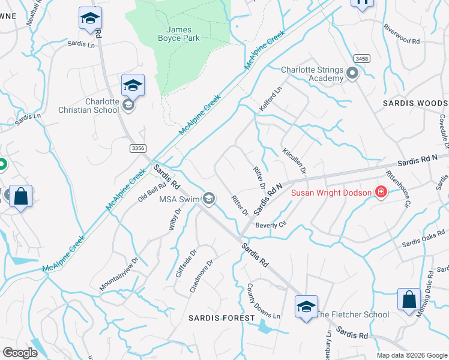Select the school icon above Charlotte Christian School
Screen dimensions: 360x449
133,86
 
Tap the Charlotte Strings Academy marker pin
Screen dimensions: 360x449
352,74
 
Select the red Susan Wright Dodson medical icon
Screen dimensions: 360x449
381,192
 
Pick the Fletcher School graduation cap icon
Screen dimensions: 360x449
306,307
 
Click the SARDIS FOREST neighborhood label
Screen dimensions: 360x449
215,317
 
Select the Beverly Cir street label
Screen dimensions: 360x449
271,224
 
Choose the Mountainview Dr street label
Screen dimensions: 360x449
119,274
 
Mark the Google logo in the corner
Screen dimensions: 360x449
20,353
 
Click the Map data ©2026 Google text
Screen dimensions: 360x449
412,355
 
